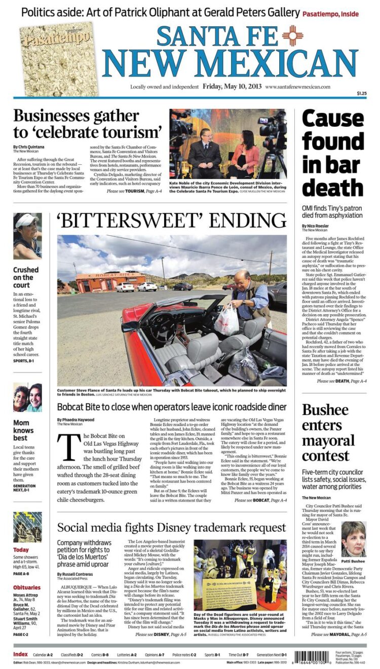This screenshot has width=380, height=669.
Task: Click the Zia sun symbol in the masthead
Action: click(292, 35)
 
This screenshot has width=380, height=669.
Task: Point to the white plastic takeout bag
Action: click(226, 320)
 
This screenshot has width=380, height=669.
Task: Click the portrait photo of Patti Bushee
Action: click(353, 539)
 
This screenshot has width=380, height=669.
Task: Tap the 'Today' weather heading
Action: click(21, 550)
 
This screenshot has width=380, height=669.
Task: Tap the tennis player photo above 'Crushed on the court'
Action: click(27, 236)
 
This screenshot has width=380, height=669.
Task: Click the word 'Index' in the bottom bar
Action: click(21, 654)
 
